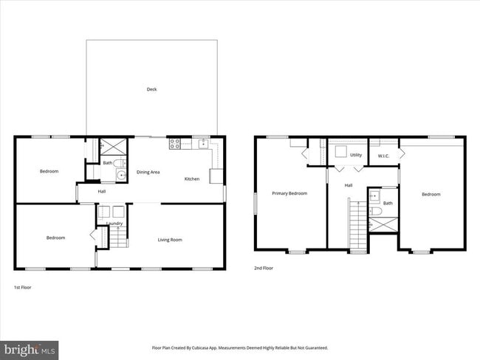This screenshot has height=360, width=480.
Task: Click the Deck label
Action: [x=151, y=89]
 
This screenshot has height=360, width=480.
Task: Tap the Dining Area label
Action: [x=148, y=172]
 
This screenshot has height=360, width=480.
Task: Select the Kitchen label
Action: [x=192, y=179]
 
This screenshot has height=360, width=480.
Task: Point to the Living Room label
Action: [x=170, y=239]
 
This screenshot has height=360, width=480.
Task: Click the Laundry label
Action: [x=114, y=223]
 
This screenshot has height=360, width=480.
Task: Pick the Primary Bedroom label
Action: [x=289, y=193]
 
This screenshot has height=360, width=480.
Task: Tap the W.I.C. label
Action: [x=384, y=156]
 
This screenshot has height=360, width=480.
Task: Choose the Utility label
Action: [x=356, y=156]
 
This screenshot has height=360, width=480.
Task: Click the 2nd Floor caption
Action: [x=264, y=268]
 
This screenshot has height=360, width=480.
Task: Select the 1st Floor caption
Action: [x=23, y=286]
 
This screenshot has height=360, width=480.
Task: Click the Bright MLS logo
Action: [x=30, y=347]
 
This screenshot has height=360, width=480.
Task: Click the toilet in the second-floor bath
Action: [x=374, y=212]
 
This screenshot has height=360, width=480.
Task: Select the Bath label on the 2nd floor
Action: [x=388, y=203]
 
